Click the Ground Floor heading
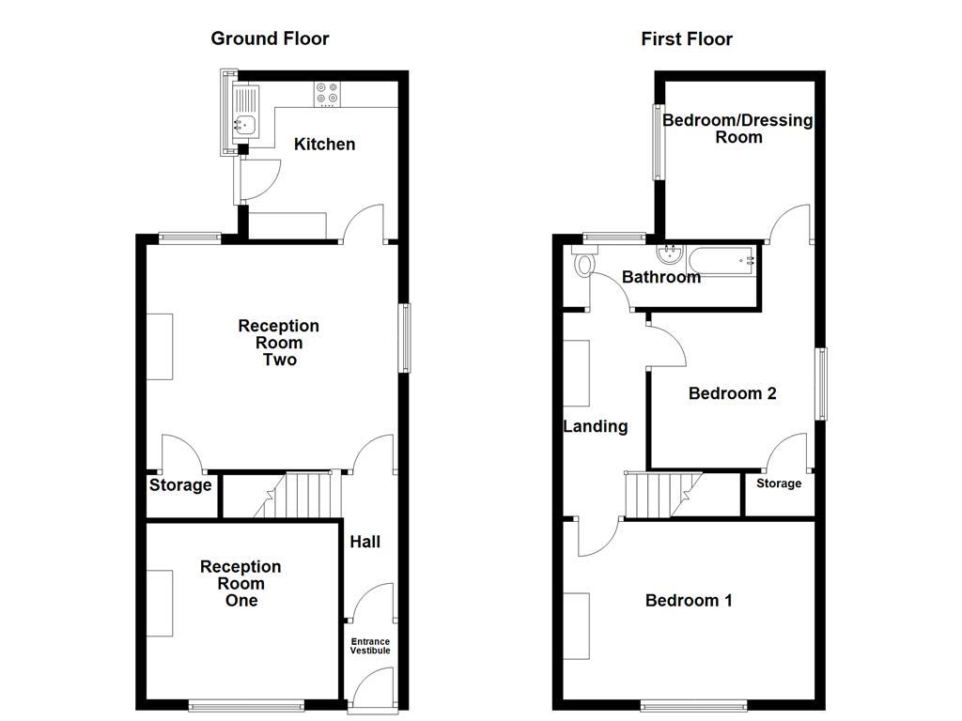coord(270,38)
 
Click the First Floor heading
coord(687,38)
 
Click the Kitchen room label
coord(324,144)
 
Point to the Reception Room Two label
coord(278,343)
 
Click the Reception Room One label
coord(240,583)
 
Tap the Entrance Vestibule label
coord(370,646)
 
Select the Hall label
coord(365,542)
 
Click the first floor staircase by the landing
coord(661,495)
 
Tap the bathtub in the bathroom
coord(722,259)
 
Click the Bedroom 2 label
coord(732,393)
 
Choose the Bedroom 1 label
coord(689,600)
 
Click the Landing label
coord(595,426)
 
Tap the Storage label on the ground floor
coord(180,485)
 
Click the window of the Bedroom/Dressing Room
coord(658,141)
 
